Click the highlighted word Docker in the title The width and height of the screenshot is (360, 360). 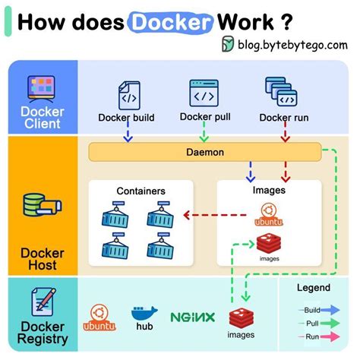click(x=170, y=21)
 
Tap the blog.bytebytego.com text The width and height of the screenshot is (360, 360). click(x=292, y=45)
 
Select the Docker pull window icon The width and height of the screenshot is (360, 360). click(x=204, y=93)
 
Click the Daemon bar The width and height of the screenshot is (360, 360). click(x=205, y=152)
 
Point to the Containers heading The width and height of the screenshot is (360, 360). click(x=141, y=191)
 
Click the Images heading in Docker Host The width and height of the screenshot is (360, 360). click(x=268, y=190)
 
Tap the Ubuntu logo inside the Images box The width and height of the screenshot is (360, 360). click(x=267, y=216)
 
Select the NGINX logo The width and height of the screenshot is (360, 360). click(x=192, y=317)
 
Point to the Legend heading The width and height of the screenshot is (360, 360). click(x=313, y=288)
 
